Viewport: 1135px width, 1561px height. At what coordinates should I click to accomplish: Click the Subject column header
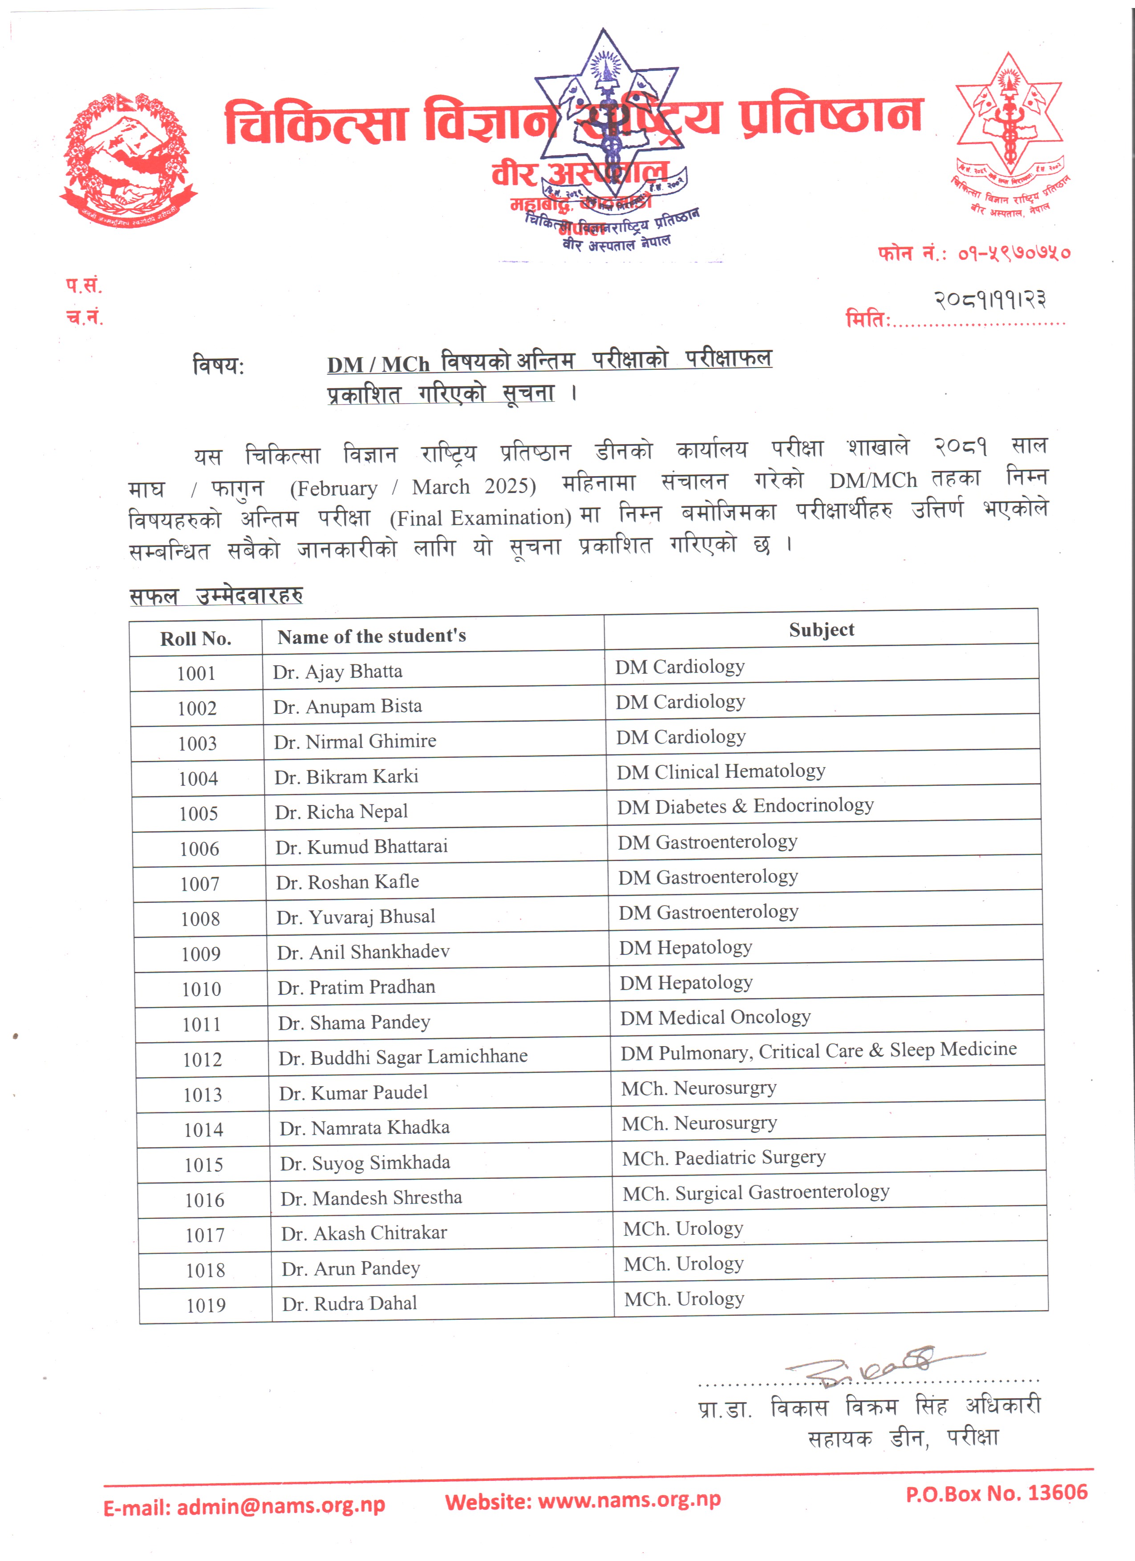tap(821, 630)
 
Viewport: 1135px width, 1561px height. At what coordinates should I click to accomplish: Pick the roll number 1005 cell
tap(198, 813)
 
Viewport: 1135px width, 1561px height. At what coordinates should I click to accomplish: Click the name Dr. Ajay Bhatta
tap(337, 671)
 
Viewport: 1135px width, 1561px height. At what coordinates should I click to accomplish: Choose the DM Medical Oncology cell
tap(715, 1017)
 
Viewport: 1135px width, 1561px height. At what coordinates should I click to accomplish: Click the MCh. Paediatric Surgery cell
tap(723, 1158)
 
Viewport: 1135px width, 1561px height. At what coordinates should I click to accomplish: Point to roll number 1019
tap(206, 1305)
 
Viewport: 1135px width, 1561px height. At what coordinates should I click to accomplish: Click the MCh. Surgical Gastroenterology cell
tap(756, 1193)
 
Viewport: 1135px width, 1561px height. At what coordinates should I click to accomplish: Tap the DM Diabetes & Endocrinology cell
tap(745, 806)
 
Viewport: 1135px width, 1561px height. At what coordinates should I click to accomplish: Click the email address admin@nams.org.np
tap(281, 1506)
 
